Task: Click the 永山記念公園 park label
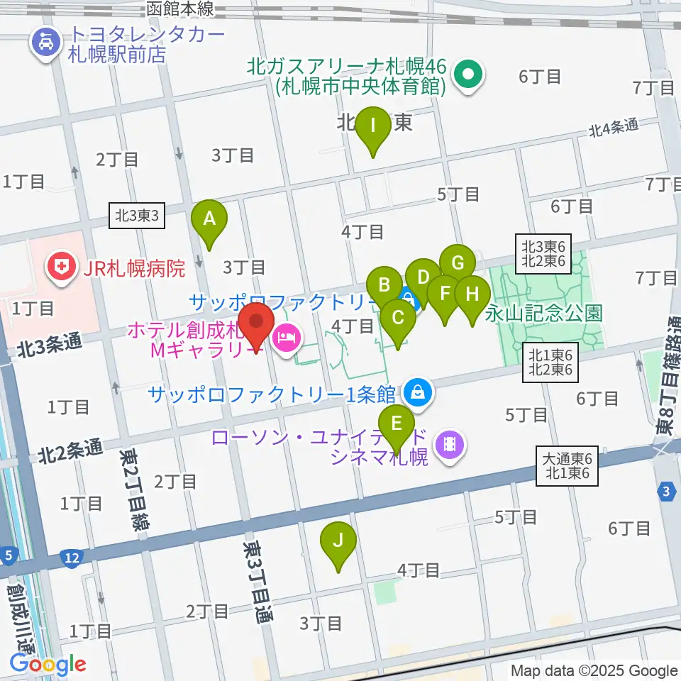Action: click(x=544, y=313)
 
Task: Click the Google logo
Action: click(x=48, y=664)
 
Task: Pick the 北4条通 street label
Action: click(x=613, y=128)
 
